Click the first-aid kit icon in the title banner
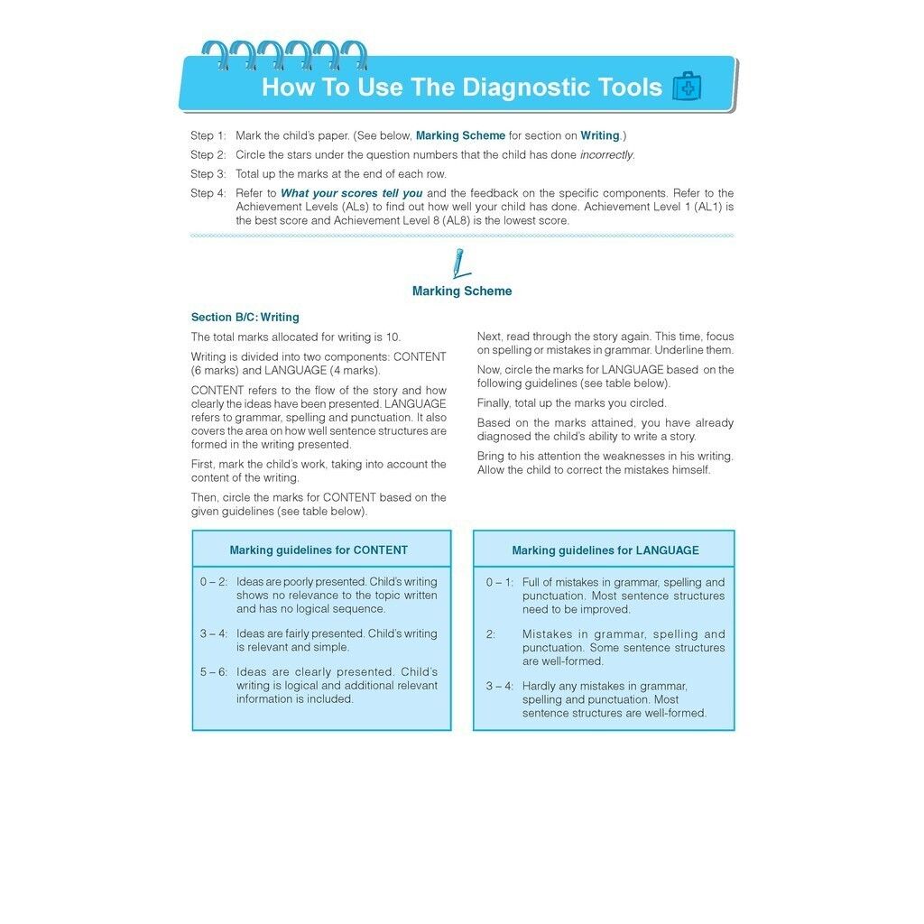click(687, 87)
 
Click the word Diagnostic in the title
click(527, 88)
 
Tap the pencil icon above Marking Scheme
click(460, 263)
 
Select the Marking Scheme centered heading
click(462, 291)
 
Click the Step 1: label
click(208, 135)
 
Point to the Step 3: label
click(208, 174)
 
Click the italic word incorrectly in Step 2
click(606, 155)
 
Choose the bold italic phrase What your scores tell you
click(351, 193)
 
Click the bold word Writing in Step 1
click(599, 135)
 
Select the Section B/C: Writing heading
click(245, 318)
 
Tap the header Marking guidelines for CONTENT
click(319, 550)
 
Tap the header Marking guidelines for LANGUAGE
click(605, 550)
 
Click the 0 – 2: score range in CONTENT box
click(214, 582)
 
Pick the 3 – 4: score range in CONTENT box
click(214, 633)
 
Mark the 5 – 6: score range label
click(214, 672)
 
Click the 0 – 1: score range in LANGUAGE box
click(499, 582)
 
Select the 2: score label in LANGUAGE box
click(491, 634)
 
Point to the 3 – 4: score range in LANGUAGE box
click(499, 686)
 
